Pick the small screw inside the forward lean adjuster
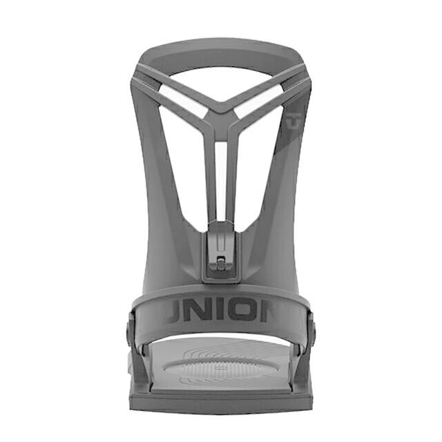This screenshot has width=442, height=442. (x=220, y=263)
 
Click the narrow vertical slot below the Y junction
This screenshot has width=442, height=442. (x=221, y=173)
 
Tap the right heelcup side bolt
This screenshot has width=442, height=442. (x=311, y=325)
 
